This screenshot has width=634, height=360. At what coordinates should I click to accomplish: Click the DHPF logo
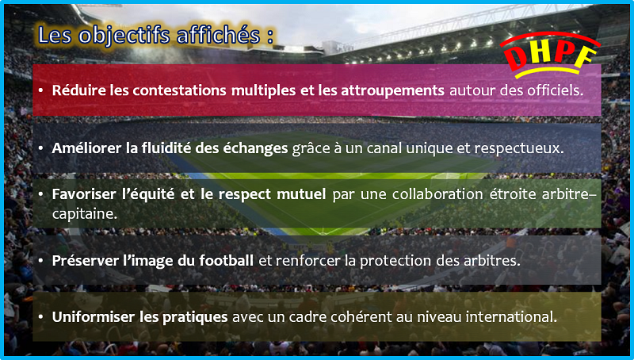[550, 55]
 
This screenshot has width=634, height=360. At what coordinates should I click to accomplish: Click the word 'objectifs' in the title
[124, 36]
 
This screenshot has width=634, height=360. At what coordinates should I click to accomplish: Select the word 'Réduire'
[78, 90]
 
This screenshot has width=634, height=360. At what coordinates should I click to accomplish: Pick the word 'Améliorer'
[86, 148]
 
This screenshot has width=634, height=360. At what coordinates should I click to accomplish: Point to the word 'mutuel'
[301, 194]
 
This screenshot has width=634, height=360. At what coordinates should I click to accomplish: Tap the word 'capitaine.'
[85, 214]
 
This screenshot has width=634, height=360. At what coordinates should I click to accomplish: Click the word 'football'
[226, 261]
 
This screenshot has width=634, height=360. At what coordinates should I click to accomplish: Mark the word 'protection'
[395, 261]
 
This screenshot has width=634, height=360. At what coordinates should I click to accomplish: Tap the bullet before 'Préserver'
[41, 261]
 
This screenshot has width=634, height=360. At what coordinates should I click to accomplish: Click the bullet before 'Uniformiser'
[41, 317]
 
